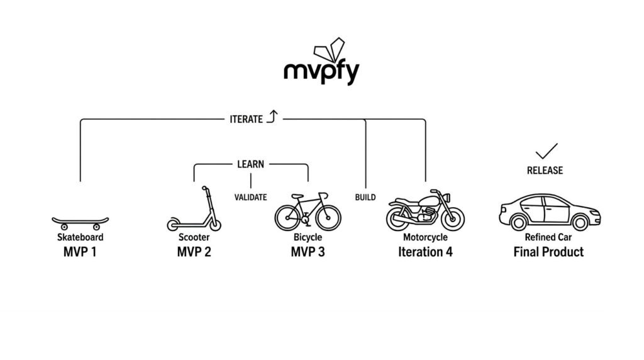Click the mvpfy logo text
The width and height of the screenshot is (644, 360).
pyautogui.click(x=321, y=73)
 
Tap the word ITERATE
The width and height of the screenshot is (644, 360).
pyautogui.click(x=246, y=119)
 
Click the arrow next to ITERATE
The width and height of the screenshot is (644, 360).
pyautogui.click(x=272, y=116)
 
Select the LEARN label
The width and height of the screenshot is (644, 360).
pyautogui.click(x=250, y=164)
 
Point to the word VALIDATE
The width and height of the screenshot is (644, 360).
pyautogui.click(x=250, y=197)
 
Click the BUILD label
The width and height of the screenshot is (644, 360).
pyautogui.click(x=365, y=197)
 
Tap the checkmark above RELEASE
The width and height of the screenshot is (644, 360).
pyautogui.click(x=547, y=151)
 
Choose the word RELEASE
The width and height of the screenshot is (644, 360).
pyautogui.click(x=545, y=170)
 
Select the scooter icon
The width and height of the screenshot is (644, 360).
pyautogui.click(x=194, y=209)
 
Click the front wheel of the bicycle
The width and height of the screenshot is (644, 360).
pyautogui.click(x=328, y=217)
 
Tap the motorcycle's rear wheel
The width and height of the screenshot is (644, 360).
pyautogui.click(x=399, y=218)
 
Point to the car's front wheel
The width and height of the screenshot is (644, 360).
pyautogui.click(x=580, y=223)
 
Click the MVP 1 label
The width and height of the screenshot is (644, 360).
pyautogui.click(x=80, y=252)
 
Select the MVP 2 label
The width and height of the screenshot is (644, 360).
pyautogui.click(x=194, y=252)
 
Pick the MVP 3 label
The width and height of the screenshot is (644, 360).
pyautogui.click(x=308, y=252)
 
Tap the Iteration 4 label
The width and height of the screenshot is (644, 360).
pyautogui.click(x=425, y=252)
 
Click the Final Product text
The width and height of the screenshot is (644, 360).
pyautogui.click(x=548, y=252)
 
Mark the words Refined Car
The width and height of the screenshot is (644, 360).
pyautogui.click(x=548, y=237)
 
